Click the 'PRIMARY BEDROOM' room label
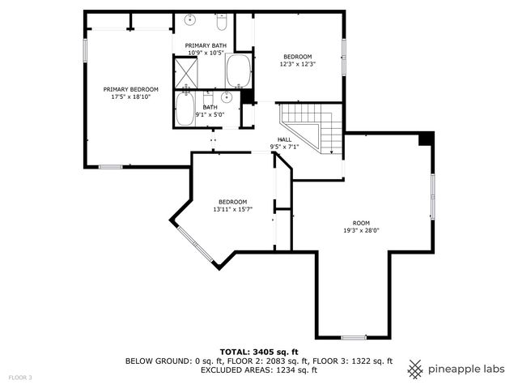(130, 89)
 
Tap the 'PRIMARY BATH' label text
(206, 45)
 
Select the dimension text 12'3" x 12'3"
(297, 64)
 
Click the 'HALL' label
(285, 139)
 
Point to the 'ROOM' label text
(361, 223)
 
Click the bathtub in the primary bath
(239, 71)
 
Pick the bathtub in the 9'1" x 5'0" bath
(185, 109)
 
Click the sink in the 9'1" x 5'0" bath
(227, 98)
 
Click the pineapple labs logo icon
(415, 369)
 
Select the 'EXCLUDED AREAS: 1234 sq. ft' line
(258, 370)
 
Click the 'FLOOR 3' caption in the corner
(20, 378)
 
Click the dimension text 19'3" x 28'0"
(361, 230)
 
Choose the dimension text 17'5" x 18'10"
(130, 96)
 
